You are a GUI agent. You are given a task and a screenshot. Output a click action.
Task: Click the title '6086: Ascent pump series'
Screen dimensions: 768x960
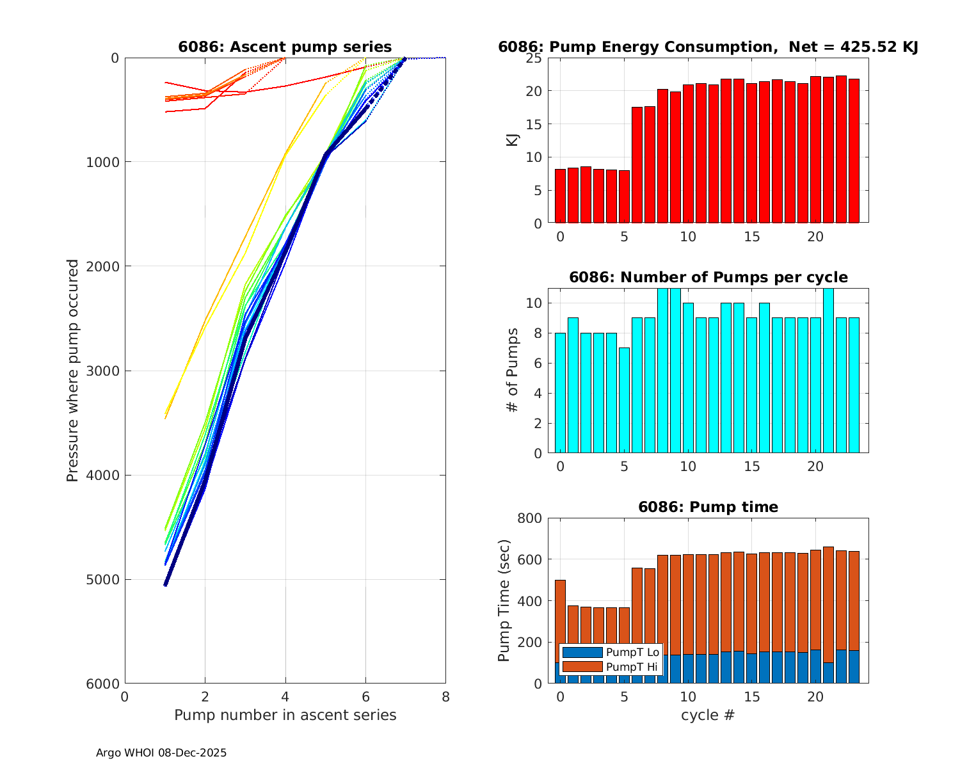click(x=285, y=47)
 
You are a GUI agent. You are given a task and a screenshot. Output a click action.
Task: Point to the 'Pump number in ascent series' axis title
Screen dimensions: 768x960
click(x=285, y=715)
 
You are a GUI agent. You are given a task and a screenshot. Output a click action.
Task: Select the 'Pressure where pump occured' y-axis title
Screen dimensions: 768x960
click(x=73, y=370)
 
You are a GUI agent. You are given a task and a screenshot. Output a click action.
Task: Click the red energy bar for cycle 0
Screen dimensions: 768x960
click(x=560, y=196)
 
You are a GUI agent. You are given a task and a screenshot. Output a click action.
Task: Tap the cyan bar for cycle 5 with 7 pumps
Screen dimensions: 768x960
click(x=624, y=400)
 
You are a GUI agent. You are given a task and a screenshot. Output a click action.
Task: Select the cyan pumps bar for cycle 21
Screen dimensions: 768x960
click(x=828, y=371)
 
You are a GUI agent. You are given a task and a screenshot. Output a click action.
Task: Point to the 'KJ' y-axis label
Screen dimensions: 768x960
click(x=513, y=140)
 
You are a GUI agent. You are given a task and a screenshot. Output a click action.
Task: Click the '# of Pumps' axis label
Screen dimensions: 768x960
click(x=513, y=370)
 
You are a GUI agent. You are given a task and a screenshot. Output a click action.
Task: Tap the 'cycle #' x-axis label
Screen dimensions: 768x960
click(x=707, y=715)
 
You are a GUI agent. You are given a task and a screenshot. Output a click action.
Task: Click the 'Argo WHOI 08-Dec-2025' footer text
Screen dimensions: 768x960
click(x=161, y=753)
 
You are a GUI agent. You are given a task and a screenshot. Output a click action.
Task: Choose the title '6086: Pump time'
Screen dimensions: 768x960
click(x=708, y=507)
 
